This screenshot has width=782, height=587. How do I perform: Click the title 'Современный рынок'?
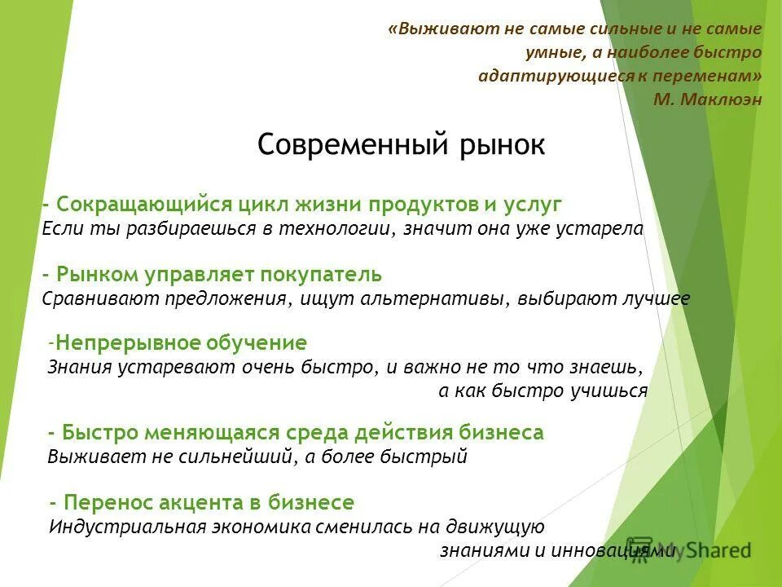click(x=401, y=145)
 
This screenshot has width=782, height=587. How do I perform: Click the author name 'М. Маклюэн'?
click(x=708, y=99)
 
